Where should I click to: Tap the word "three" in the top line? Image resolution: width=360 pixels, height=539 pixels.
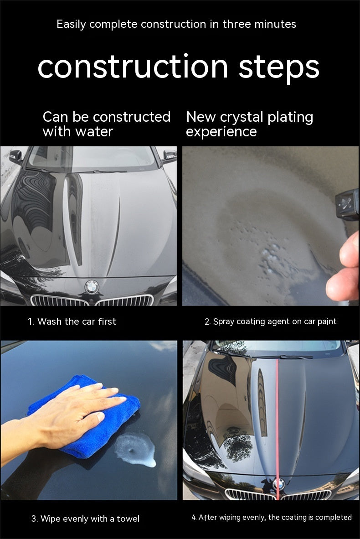click(x=237, y=24)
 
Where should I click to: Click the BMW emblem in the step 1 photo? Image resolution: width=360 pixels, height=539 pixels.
click(x=92, y=287)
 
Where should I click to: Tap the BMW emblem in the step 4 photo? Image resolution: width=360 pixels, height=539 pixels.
click(x=279, y=484)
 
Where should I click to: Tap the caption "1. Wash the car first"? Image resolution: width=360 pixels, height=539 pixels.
click(x=72, y=321)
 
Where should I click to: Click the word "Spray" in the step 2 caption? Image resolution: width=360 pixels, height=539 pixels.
click(x=224, y=322)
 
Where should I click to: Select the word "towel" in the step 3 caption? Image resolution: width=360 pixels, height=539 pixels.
click(x=128, y=519)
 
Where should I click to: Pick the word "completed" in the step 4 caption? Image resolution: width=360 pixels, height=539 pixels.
click(x=334, y=518)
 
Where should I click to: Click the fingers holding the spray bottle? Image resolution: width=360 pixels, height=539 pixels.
click(x=343, y=266)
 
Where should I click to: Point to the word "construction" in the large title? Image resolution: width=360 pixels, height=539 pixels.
click(x=133, y=67)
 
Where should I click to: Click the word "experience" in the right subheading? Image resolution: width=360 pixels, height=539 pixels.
click(x=221, y=132)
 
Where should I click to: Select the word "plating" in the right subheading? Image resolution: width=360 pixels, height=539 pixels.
click(x=291, y=118)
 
